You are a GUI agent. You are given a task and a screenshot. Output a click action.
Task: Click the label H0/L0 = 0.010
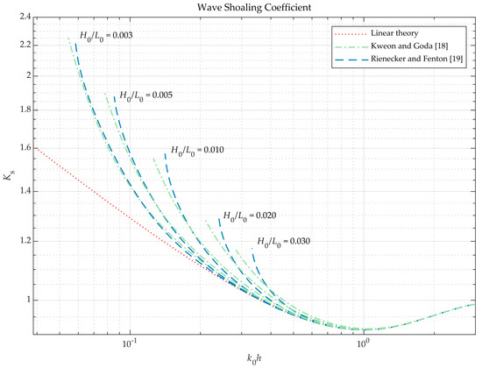(198, 150)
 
